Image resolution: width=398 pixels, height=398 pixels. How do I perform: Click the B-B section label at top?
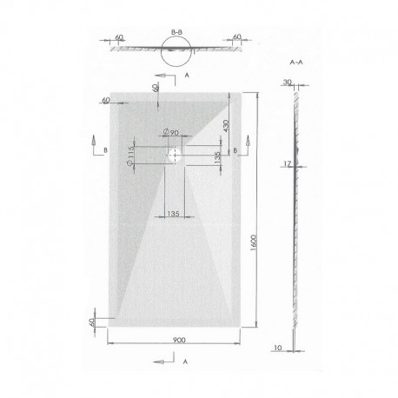click(x=177, y=31)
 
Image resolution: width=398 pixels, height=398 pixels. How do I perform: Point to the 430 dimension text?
click(x=224, y=127)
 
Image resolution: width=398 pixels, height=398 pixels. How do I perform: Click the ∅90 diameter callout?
click(x=171, y=132)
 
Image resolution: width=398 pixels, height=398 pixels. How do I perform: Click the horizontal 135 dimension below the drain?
click(x=172, y=212)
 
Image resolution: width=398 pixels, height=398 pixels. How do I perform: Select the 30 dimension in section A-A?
click(x=288, y=83)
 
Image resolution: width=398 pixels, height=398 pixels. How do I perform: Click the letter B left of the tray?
click(x=104, y=149)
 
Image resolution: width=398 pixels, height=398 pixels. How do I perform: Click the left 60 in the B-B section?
click(x=118, y=37)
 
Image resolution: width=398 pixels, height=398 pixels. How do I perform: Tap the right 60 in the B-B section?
click(x=237, y=37)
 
